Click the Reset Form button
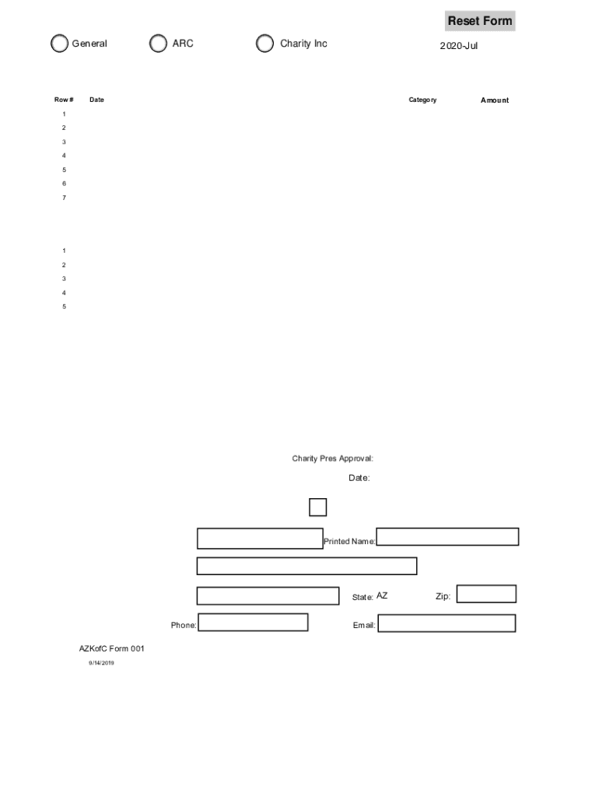pos(479,21)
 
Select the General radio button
pos(59,44)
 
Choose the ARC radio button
pos(158,44)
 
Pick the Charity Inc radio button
pos(265,44)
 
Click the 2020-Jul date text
pos(458,46)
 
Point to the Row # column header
pos(64,100)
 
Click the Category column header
pos(422,100)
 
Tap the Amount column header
pos(494,100)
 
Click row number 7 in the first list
pos(65,198)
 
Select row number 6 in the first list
pos(65,184)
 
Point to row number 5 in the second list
pos(65,307)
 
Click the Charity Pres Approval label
pos(332,459)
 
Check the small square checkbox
pos(317,507)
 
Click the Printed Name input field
pos(447,537)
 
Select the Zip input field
pos(486,594)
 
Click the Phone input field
pos(253,623)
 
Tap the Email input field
pos(447,623)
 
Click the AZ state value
pos(382,596)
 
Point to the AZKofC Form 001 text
pos(111,649)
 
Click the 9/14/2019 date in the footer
pos(101,663)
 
